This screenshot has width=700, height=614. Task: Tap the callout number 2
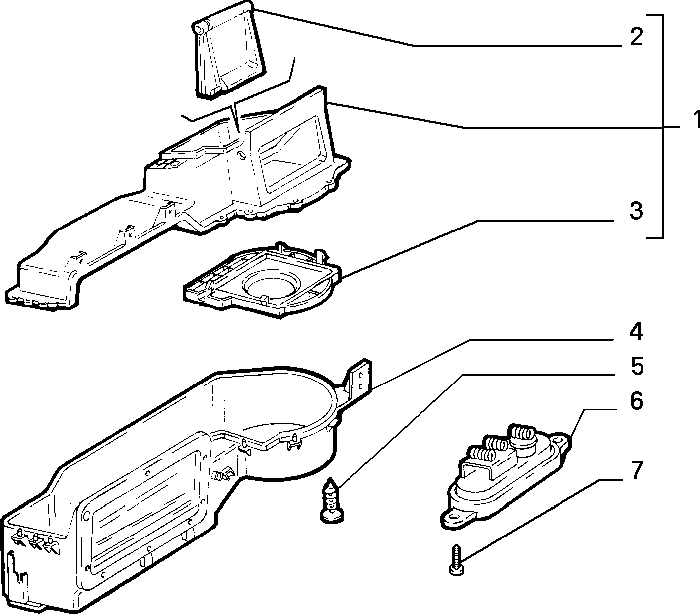click(636, 37)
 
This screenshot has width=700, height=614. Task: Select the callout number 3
click(636, 210)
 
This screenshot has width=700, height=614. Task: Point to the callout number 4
click(636, 331)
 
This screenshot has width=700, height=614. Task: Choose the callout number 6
click(636, 401)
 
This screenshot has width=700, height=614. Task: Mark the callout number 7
click(636, 470)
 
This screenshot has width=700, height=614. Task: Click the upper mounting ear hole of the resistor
click(558, 440)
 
